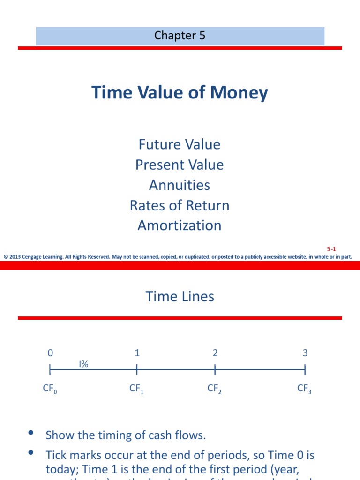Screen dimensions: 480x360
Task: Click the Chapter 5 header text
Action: (180, 36)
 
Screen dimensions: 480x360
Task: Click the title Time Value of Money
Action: (180, 92)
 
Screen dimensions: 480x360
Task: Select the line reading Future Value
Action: (180, 144)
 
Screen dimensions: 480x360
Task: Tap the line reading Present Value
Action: (180, 165)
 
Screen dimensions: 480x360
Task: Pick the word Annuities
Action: (180, 185)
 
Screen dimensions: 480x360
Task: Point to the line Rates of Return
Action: (180, 205)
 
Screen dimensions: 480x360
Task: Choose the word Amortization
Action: (180, 225)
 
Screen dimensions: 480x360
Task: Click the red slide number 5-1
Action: (331, 249)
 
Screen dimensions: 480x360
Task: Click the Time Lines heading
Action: (180, 296)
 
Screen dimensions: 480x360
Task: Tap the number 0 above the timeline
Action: (50, 353)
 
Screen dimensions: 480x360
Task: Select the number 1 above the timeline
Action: (137, 353)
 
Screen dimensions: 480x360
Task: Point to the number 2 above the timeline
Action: (215, 353)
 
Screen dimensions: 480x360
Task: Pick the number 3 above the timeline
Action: (305, 353)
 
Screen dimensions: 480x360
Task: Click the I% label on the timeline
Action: (83, 364)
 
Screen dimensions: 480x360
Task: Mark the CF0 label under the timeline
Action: (50, 389)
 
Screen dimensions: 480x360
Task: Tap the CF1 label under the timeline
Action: (136, 389)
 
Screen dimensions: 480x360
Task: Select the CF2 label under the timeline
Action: (214, 389)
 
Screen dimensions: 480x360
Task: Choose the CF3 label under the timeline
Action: (304, 389)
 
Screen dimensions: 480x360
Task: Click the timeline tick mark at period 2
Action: (215, 370)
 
